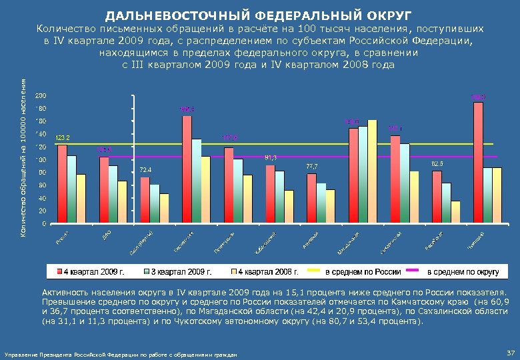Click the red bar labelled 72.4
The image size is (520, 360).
(x=145, y=199)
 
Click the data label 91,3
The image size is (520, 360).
(x=271, y=157)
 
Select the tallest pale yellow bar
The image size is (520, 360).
(x=373, y=171)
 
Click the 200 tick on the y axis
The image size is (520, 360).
(x=41, y=95)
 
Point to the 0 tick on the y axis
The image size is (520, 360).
(x=44, y=223)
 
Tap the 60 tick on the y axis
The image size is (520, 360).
(x=42, y=185)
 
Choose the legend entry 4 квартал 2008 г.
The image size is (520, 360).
(x=267, y=271)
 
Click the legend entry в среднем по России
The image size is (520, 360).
(x=363, y=271)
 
